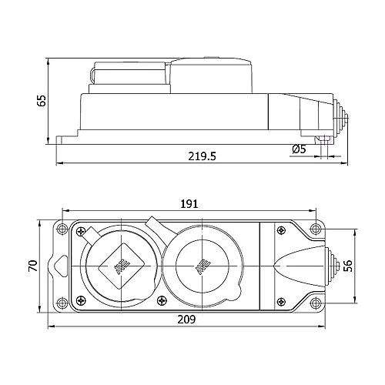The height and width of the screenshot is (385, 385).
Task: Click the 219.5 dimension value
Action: [x=201, y=156]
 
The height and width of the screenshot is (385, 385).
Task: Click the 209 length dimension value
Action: [x=186, y=319]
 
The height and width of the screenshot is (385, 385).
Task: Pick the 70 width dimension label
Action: [x=32, y=265]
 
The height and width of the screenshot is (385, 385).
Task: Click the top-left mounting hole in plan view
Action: [x=59, y=228]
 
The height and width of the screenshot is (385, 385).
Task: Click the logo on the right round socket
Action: [x=203, y=266]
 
